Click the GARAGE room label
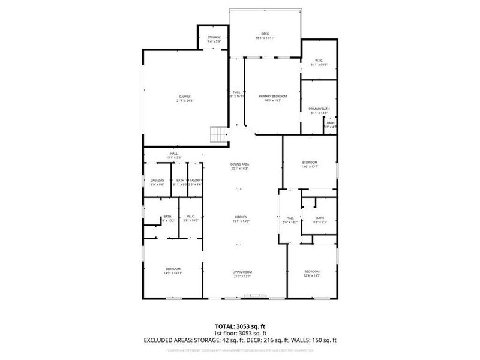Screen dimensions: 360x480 pos(185,97)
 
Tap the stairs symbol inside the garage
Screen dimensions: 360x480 pos(217,134)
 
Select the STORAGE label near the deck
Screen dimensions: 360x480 pos(214,38)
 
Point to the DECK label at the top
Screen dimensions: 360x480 pos(265,34)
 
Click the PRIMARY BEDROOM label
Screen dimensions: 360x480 pos(273,97)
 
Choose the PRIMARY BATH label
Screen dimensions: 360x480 pos(320,109)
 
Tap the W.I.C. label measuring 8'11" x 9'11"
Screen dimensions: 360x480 pos(317,60)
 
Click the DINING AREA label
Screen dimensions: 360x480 pos(240,164)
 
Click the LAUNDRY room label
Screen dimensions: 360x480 pos(157,181)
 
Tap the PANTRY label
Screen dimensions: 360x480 pos(196,181)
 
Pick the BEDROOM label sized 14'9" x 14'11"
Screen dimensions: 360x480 pos(173,268)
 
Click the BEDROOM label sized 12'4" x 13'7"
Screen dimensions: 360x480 pos(312,271)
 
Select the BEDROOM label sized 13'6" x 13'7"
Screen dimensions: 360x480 pos(310,163)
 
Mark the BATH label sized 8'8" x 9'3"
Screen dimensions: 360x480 pos(320,218)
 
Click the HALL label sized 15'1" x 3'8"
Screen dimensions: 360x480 pos(173,154)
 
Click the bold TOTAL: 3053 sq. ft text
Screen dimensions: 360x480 pos(240,326)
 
